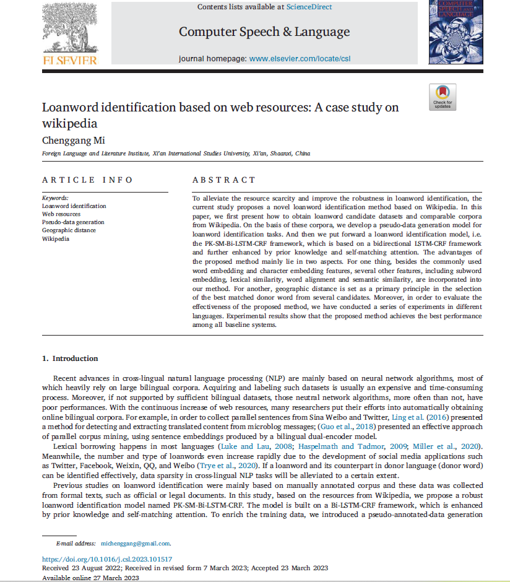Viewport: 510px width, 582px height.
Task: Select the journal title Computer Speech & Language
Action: coord(264,32)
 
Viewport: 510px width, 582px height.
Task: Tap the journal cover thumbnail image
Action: coord(456,32)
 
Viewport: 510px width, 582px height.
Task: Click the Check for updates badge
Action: coord(443,97)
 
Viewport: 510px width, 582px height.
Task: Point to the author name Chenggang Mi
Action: coord(74,141)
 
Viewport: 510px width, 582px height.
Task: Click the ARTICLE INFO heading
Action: coord(87,180)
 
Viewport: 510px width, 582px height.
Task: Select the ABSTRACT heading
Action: coord(224,180)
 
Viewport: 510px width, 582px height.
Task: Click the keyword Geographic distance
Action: coord(69,230)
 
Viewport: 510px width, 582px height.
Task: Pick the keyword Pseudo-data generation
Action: coord(73,222)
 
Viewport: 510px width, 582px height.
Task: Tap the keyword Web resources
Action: coord(61,214)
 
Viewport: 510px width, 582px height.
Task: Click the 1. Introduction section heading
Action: coord(69,358)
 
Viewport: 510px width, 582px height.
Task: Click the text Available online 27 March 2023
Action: coord(90,577)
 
